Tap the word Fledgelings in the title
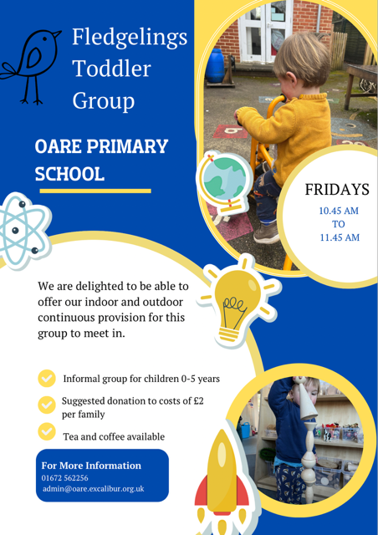130,38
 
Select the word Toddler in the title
112,69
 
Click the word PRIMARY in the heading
127,146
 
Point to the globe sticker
224,183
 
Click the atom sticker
23,231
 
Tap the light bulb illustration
240,301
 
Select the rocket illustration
222,481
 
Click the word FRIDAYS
337,190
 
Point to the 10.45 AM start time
339,211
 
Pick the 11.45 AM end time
340,237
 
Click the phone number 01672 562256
65,477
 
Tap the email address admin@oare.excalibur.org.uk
93,488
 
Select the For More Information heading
91,466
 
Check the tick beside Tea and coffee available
47,431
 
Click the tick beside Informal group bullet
47,379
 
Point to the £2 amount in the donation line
198,401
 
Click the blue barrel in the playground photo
215,65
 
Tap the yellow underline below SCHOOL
95,191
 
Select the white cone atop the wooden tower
308,400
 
